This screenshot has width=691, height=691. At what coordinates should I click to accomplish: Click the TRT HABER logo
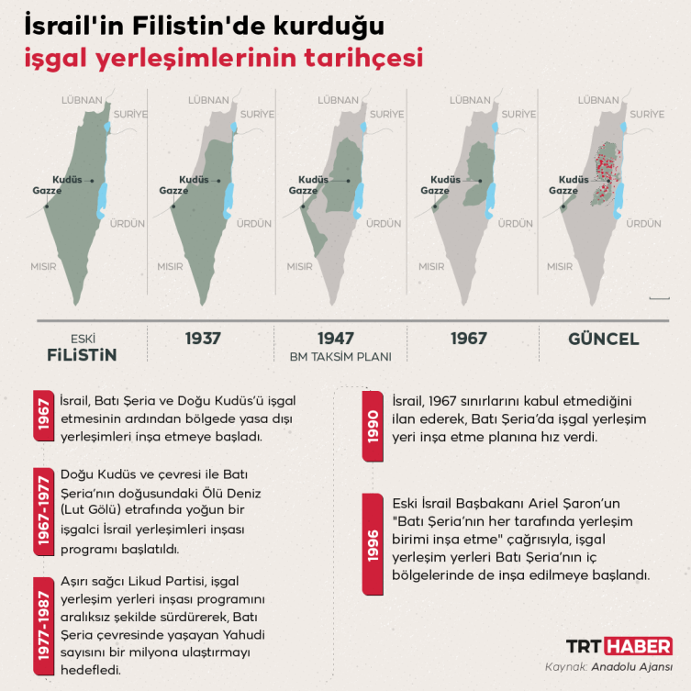pos(619,645)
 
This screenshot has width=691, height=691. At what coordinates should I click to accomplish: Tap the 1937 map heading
pos(203,339)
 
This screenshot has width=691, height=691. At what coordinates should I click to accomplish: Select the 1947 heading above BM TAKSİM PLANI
pos(336,339)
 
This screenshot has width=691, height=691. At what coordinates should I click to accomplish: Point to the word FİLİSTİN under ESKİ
pos(84,354)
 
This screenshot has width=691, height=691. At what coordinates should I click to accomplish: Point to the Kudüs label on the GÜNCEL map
pos(574,180)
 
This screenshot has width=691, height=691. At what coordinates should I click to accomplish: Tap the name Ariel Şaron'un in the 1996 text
pos(561,503)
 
